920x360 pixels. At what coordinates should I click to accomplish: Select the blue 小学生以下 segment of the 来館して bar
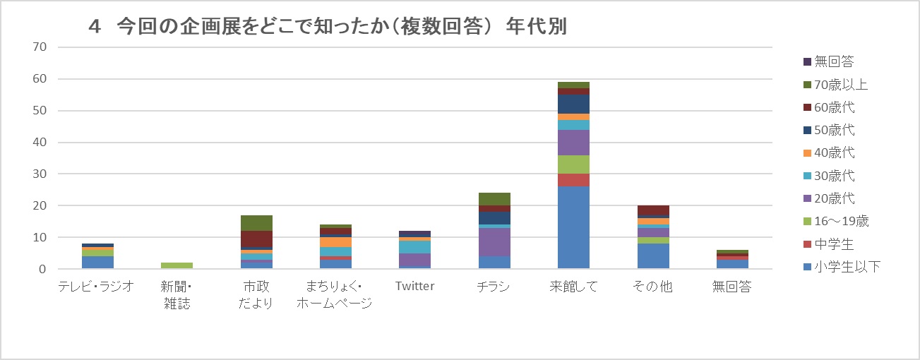[573, 227]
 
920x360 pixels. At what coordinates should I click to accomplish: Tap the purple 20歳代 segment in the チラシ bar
[494, 242]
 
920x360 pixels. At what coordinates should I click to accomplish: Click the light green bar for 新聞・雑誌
[177, 265]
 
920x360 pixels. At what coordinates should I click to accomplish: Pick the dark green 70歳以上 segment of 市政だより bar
[256, 223]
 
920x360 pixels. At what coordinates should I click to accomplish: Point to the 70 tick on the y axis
[39, 47]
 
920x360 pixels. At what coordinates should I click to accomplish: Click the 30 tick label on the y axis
[39, 174]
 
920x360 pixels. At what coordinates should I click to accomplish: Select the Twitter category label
[414, 287]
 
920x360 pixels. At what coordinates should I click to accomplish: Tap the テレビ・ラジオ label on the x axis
[96, 287]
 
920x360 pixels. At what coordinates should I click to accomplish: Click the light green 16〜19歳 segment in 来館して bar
[573, 164]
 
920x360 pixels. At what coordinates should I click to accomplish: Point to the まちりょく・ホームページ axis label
[335, 295]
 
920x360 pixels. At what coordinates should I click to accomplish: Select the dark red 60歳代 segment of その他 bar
[652, 210]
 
